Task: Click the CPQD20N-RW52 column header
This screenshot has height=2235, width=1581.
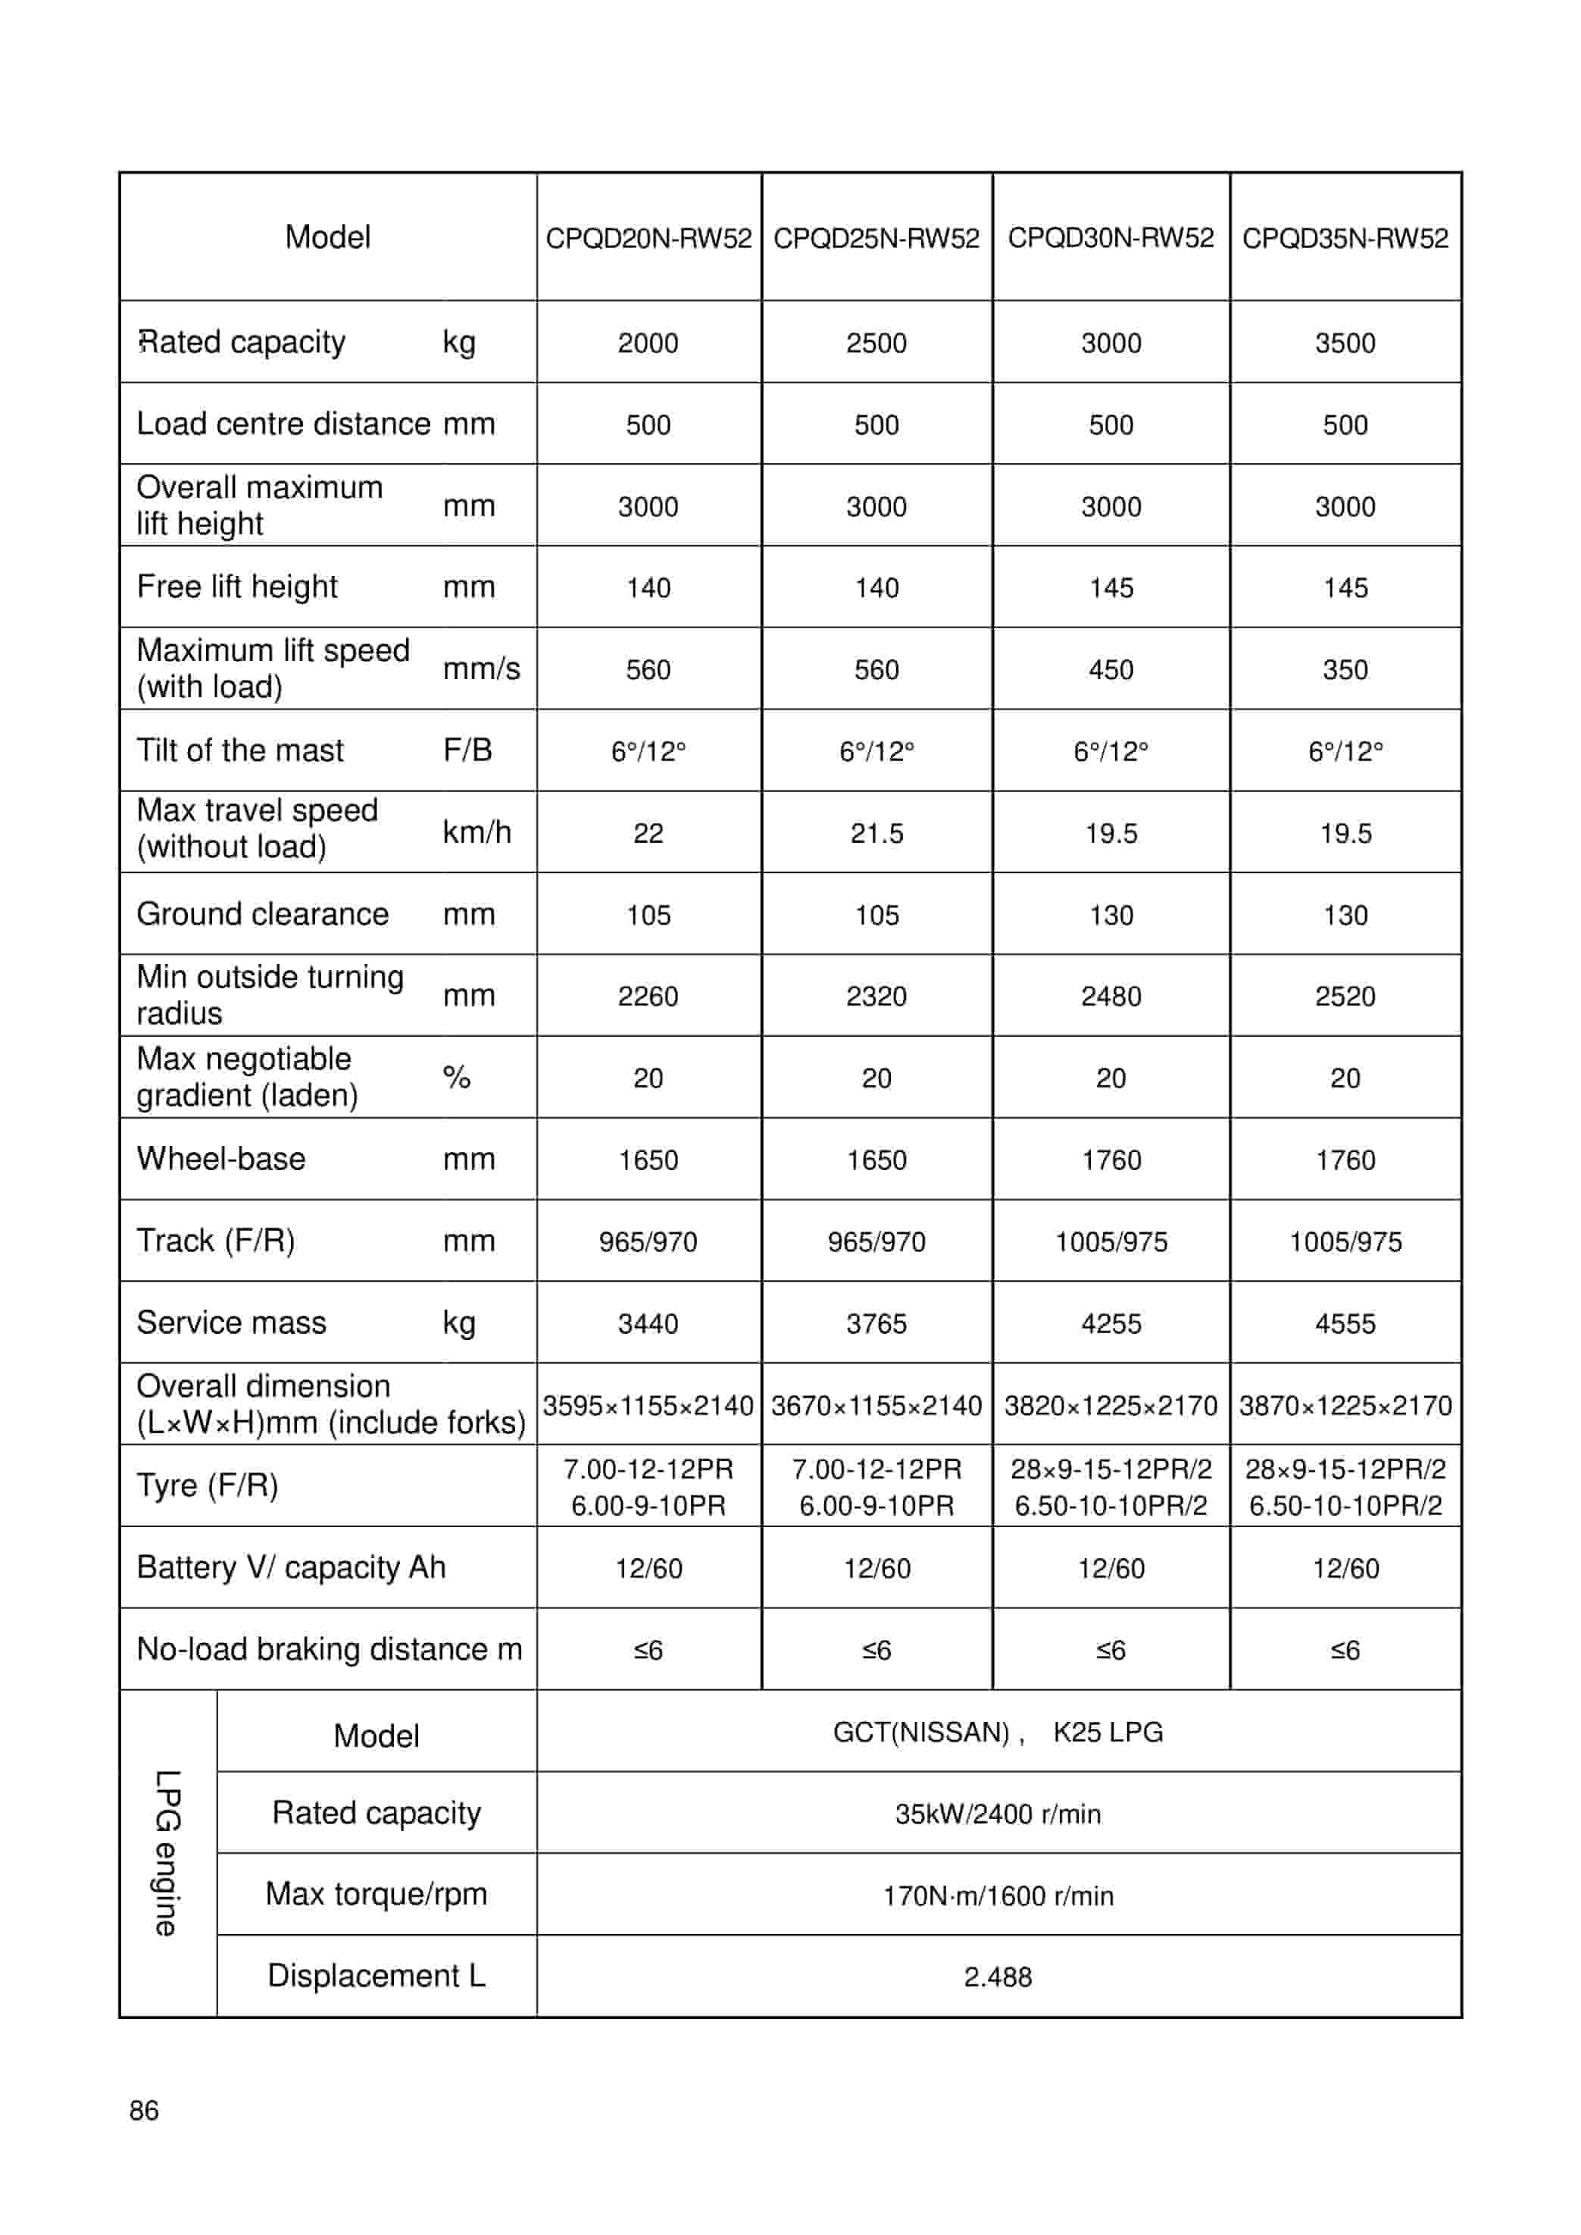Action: [x=648, y=239]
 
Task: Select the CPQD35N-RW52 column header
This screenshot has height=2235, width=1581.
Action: [x=1345, y=239]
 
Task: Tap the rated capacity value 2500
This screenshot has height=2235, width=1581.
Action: [x=876, y=343]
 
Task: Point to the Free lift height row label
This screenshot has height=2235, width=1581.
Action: [x=236, y=587]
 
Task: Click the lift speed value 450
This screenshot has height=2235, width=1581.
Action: [x=1111, y=670]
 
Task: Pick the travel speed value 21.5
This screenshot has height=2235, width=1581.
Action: [x=876, y=834]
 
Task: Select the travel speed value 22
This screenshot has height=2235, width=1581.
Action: [x=648, y=834]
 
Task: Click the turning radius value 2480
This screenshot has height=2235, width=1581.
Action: [x=1111, y=997]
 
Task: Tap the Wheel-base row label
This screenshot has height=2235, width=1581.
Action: [x=221, y=1159]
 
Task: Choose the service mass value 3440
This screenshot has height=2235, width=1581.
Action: [x=648, y=1323]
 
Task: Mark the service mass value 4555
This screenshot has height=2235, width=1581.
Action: [x=1345, y=1323]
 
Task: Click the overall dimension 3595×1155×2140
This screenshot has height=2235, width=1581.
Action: [x=648, y=1405]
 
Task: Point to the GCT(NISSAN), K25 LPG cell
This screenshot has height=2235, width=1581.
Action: [x=998, y=1733]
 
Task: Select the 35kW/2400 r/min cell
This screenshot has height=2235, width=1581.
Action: [x=998, y=1814]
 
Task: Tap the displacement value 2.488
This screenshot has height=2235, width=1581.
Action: [x=998, y=1977]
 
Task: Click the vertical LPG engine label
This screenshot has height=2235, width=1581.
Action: [x=167, y=1853]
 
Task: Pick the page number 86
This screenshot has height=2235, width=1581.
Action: [x=144, y=2111]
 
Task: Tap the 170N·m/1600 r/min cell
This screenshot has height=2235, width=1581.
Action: [x=998, y=1896]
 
